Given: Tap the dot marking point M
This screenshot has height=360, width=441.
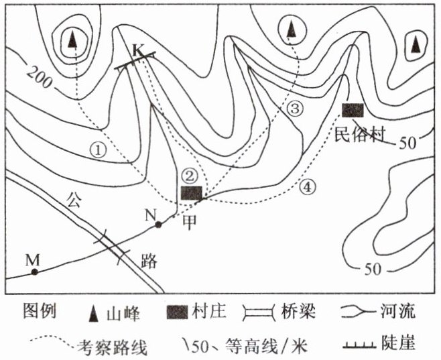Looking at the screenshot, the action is (x=34, y=272).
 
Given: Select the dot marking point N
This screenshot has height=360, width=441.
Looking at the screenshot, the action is (x=158, y=225).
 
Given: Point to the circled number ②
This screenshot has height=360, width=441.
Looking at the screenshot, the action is (x=191, y=176).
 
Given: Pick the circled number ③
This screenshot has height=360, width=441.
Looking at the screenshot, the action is (x=296, y=108).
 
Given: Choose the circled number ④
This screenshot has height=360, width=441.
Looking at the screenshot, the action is (x=306, y=186).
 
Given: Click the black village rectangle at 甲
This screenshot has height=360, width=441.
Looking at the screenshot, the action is (x=192, y=193).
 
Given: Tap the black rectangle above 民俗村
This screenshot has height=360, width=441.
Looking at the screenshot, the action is (x=352, y=110).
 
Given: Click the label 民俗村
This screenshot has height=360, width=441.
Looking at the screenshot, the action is (x=362, y=133).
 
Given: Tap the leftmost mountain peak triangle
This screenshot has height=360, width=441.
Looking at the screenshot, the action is (x=72, y=41).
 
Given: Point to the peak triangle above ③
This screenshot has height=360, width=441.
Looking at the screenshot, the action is (x=291, y=30).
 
